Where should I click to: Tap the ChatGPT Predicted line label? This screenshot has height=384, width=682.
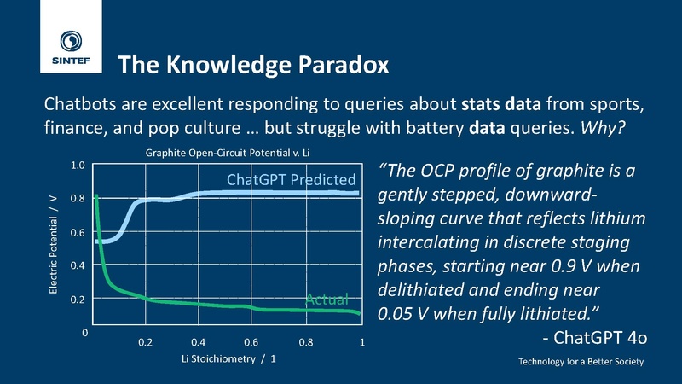pos(291,180)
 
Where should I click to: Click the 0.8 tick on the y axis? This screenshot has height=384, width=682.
pos(77,199)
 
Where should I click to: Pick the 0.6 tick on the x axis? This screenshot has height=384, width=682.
pos(253,342)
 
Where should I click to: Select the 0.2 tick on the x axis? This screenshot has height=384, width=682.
pos(145,342)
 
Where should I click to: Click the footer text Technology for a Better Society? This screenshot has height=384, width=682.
pos(581,362)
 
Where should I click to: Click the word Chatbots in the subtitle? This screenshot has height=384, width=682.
pos(78,106)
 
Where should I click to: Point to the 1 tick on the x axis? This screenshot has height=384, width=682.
pos(361,342)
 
